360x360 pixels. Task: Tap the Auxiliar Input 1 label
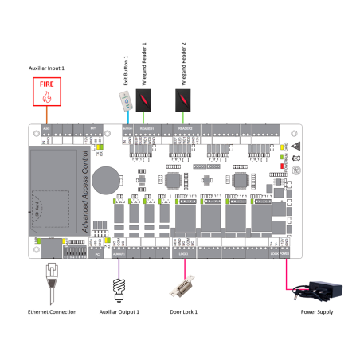pyautogui.click(x=47, y=68)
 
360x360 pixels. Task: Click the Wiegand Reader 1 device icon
pyautogui.click(x=143, y=100)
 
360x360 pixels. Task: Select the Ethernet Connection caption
pyautogui.click(x=53, y=312)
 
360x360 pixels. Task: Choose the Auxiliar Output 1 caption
pyautogui.click(x=120, y=312)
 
